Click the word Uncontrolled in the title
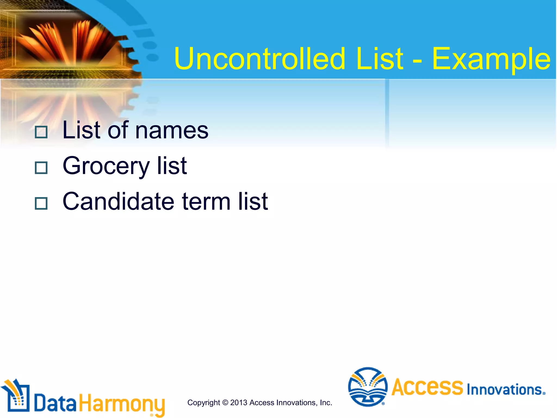point(260,59)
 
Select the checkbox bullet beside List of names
point(41,132)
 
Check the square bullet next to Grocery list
point(41,168)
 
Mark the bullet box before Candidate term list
point(41,203)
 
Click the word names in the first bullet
point(172,131)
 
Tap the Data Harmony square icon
point(16,396)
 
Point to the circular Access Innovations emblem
point(368,387)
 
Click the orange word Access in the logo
point(427,387)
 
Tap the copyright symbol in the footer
point(225,402)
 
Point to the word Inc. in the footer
point(326,402)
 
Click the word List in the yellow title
point(380,59)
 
